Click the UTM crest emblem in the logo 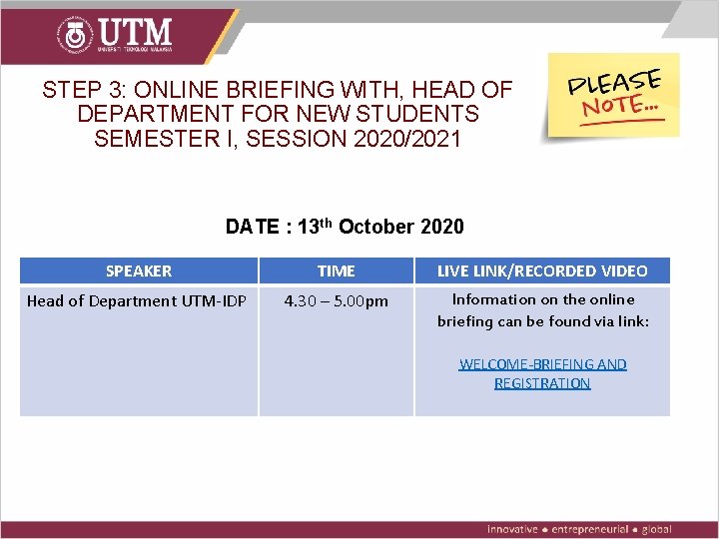[x=76, y=35]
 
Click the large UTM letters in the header [x=135, y=31]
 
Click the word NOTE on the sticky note [x=615, y=104]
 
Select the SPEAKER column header [x=139, y=270]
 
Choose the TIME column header [x=336, y=270]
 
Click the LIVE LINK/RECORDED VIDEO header [x=542, y=270]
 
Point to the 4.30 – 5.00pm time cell [x=336, y=300]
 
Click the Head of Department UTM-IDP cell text [x=137, y=300]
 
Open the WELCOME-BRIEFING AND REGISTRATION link [x=542, y=373]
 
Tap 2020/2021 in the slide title [x=407, y=138]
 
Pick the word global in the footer [x=657, y=529]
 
